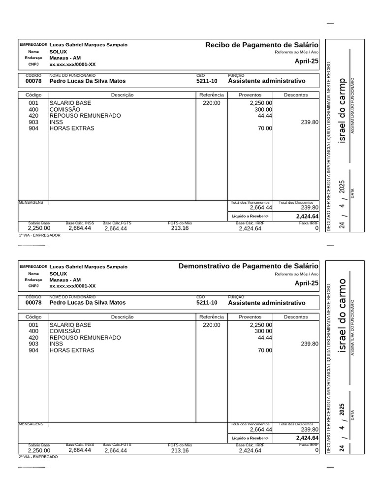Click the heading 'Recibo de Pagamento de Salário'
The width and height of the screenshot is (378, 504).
click(x=262, y=45)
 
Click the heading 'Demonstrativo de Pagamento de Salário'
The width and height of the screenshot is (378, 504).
click(x=249, y=266)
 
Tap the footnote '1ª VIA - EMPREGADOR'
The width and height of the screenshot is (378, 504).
click(x=39, y=235)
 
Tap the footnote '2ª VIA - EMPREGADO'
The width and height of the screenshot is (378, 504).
click(x=38, y=457)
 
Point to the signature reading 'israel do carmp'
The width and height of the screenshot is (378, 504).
click(x=343, y=111)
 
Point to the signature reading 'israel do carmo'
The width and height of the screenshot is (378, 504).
click(x=343, y=316)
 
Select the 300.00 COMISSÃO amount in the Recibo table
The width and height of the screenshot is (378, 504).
click(x=263, y=109)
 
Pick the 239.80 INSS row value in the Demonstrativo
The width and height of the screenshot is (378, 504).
click(x=310, y=344)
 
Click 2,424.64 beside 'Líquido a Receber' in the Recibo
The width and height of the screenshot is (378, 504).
click(x=307, y=216)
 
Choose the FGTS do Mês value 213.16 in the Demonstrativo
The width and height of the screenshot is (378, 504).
click(x=180, y=450)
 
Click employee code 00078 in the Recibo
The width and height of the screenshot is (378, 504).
click(x=33, y=81)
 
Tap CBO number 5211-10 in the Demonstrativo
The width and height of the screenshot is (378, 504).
click(x=207, y=303)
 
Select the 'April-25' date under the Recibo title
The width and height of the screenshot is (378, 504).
click(x=306, y=62)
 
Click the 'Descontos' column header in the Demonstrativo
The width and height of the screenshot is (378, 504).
click(x=296, y=317)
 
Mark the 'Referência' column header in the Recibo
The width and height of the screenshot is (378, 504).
click(x=212, y=94)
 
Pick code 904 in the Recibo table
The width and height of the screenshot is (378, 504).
click(x=33, y=128)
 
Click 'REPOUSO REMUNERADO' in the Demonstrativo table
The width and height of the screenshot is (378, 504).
click(x=85, y=338)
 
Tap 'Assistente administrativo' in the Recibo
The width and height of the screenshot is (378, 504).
click(x=266, y=81)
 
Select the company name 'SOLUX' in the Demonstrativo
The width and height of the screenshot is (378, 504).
click(x=58, y=273)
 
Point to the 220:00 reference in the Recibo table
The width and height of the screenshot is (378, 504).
click(x=212, y=103)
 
